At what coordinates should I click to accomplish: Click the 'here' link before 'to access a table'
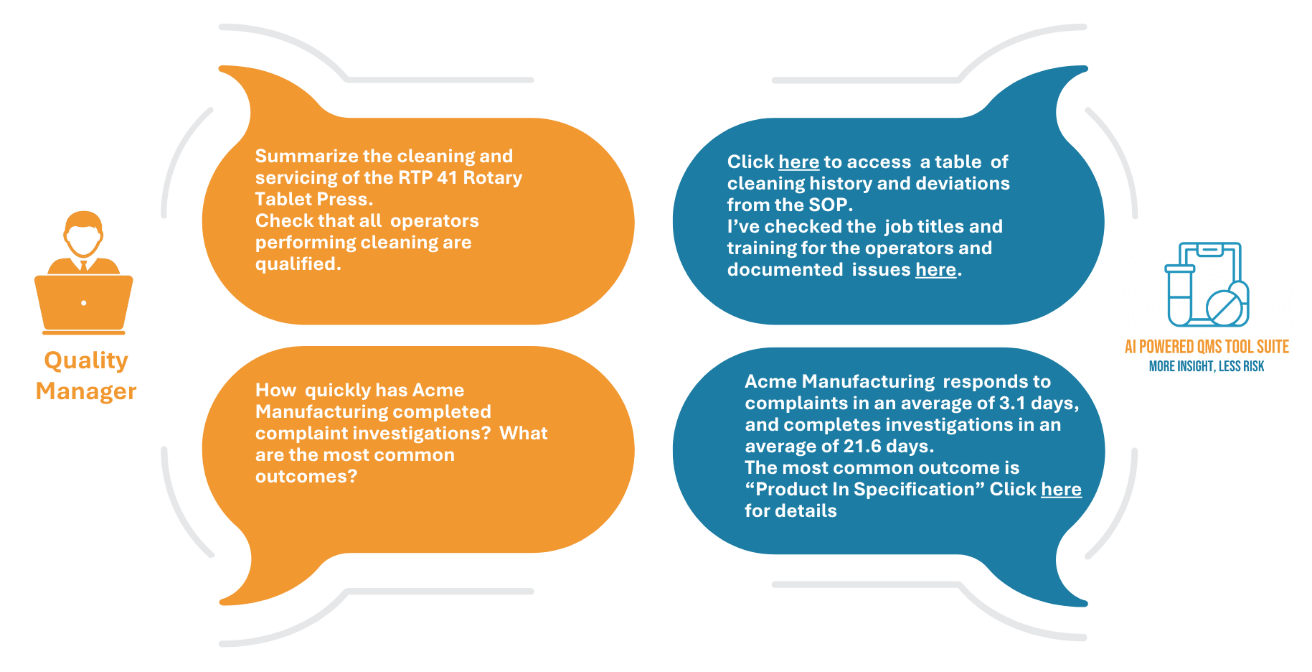tap(798, 162)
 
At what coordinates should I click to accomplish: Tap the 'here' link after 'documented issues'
tap(935, 270)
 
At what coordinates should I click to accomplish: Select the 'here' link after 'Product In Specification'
tap(1061, 490)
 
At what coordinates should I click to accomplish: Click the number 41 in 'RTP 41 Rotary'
tap(447, 178)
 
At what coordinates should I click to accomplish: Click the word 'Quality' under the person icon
tap(86, 361)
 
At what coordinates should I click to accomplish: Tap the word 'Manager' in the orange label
tap(86, 391)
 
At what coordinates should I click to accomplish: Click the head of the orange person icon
tap(83, 233)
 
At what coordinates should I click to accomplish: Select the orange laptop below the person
tap(84, 304)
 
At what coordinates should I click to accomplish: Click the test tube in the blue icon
tap(1179, 295)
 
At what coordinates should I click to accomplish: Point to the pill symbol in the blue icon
tap(1226, 304)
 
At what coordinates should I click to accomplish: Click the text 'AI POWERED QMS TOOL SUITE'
tap(1207, 347)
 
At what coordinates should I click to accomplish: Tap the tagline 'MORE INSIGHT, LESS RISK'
tap(1207, 367)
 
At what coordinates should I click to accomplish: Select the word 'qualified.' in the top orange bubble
tap(298, 264)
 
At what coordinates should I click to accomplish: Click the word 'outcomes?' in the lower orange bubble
tap(306, 477)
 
